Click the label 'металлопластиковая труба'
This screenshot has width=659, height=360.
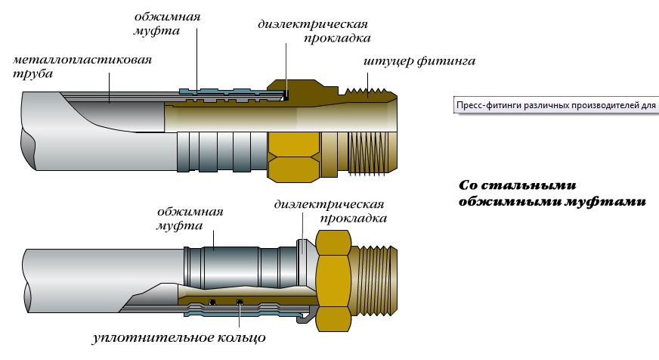tap(82, 66)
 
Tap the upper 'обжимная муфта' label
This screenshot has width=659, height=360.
tap(167, 23)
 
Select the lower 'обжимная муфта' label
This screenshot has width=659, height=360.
tap(190, 219)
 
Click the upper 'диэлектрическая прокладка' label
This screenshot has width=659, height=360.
tap(314, 31)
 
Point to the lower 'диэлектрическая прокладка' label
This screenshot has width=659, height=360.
tap(330, 211)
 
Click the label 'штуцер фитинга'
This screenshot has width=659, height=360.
tap(419, 61)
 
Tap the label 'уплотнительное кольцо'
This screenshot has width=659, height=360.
tap(179, 337)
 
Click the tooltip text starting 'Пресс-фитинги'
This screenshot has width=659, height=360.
tap(556, 105)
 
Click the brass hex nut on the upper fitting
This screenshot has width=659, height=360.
tap(295, 157)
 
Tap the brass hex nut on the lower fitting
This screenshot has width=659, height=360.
tap(334, 281)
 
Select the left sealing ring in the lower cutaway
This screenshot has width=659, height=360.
tap(212, 301)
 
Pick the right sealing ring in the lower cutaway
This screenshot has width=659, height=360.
tap(240, 301)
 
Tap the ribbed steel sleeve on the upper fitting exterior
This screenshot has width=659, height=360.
tap(222, 151)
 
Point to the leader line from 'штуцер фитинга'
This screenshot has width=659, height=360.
tap(368, 85)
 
